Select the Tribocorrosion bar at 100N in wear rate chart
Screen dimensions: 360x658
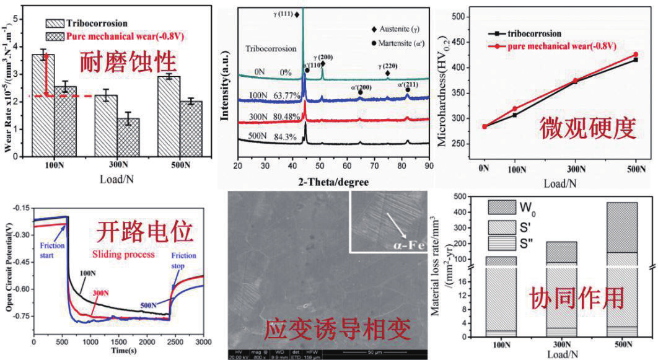43,105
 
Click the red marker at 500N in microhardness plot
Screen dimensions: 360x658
634,55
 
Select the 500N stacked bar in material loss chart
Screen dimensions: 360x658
622,270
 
